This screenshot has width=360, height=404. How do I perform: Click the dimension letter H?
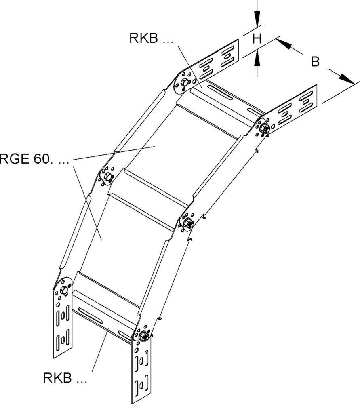coord(257,39)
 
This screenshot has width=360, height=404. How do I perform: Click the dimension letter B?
coord(316,61)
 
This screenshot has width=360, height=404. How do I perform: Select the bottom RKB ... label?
coord(65,379)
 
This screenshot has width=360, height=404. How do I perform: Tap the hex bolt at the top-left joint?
coord(183,82)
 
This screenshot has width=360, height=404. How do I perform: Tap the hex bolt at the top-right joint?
coord(265,128)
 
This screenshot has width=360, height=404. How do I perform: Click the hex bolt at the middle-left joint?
coord(107,177)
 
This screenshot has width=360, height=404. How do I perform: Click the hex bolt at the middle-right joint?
coord(187,223)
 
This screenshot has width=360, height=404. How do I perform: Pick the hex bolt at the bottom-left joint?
coord(63,290)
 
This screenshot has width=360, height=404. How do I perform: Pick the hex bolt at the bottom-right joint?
coord(143,335)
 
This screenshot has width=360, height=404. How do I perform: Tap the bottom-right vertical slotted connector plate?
coord(142,372)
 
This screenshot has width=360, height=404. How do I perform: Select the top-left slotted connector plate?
coord(218,61)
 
